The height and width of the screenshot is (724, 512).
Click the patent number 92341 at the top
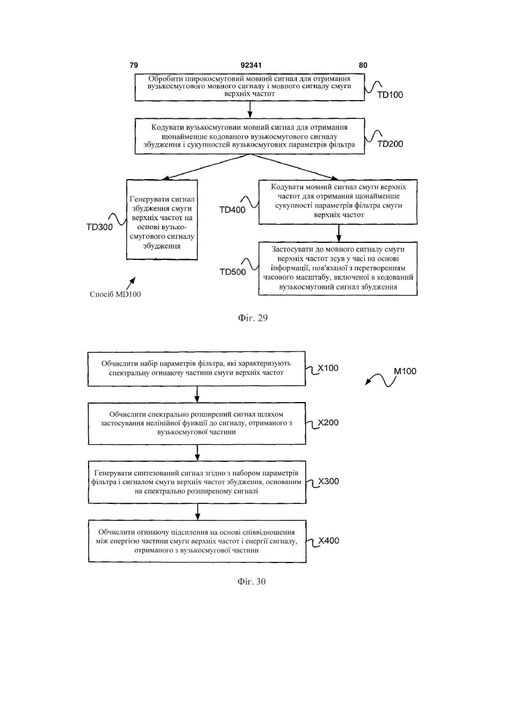(x=251, y=65)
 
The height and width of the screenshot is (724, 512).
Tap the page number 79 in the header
(x=134, y=65)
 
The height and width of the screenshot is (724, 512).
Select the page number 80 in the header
(x=363, y=65)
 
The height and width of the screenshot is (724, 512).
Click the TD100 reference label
(x=390, y=95)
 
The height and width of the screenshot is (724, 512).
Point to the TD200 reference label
(x=390, y=144)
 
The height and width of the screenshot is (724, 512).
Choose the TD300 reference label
(x=99, y=227)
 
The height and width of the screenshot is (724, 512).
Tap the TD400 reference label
(x=232, y=210)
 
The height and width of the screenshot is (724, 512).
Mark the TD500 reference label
(x=233, y=272)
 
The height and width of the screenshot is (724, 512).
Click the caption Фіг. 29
(x=253, y=318)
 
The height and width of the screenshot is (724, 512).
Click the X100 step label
(x=328, y=368)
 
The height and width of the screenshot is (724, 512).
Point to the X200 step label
(x=328, y=423)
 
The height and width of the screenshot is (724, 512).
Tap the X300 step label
(x=328, y=482)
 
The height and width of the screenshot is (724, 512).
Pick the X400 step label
(x=329, y=541)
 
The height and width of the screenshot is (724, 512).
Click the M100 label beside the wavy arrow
(x=405, y=371)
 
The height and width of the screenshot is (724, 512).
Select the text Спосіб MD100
(x=115, y=295)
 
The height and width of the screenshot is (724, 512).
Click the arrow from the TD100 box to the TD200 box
(x=249, y=109)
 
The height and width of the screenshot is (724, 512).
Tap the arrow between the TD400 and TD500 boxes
(x=339, y=233)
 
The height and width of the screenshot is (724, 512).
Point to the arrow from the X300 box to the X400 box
(x=198, y=512)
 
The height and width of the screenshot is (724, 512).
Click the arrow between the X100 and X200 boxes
(x=197, y=394)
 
